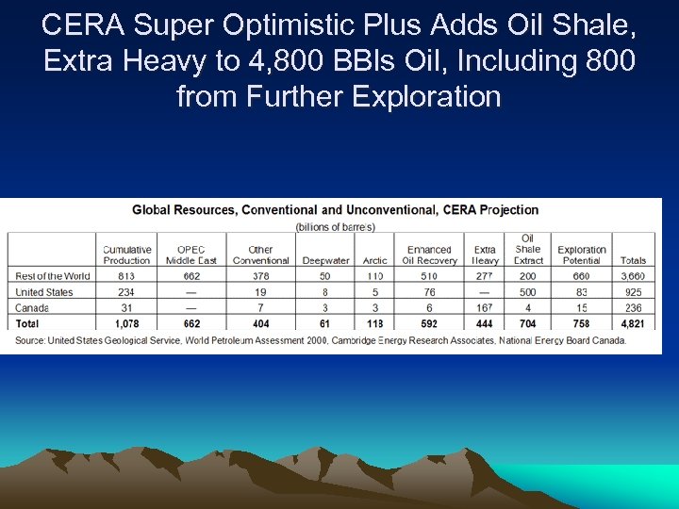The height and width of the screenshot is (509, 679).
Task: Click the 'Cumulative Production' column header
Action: pos(126,254)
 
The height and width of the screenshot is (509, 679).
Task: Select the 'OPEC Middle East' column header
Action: pos(191,254)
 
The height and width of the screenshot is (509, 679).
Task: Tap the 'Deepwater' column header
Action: pos(325,260)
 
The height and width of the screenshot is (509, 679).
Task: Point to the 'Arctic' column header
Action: pos(374,260)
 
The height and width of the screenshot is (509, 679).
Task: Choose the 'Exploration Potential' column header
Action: pos(581,254)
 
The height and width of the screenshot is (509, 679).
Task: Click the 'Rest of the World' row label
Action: pos(53,276)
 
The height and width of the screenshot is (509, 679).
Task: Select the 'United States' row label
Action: pos(44,292)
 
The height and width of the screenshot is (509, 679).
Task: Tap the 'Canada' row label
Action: pos(32,308)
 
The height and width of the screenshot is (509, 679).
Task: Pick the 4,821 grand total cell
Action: pos(634,323)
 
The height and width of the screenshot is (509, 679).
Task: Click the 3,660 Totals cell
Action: pos(634,276)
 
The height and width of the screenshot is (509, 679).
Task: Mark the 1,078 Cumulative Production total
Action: pos(126,323)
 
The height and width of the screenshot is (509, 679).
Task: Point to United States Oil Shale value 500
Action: pos(527,292)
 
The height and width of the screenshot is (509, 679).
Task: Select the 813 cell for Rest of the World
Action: pos(126,276)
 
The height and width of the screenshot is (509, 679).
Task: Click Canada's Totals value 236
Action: pos(634,308)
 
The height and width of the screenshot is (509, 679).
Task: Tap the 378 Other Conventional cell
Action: pos(260,276)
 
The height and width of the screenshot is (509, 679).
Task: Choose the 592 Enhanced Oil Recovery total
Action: pos(429,323)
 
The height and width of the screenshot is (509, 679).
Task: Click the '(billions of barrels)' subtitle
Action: pos(335,226)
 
